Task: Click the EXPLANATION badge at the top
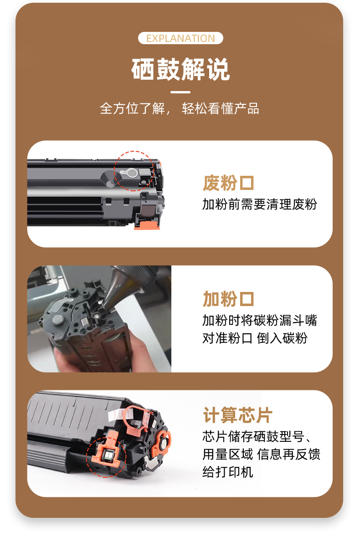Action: pos(180,38)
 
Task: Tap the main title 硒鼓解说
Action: pos(180,69)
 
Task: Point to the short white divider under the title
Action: pos(180,92)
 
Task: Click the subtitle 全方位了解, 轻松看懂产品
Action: pos(179,108)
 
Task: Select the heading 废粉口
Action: pos(228,183)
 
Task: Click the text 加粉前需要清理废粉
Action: pos(260,204)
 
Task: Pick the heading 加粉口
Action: pos(228,299)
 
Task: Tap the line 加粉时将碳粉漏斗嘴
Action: pos(260,320)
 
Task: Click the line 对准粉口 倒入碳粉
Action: pos(255,338)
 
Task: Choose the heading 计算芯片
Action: pos(237,415)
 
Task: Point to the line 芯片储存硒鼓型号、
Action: pos(257,437)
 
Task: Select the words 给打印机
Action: pos(227,472)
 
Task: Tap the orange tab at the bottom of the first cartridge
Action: pos(146,225)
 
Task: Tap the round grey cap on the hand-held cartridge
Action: pos(58,320)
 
